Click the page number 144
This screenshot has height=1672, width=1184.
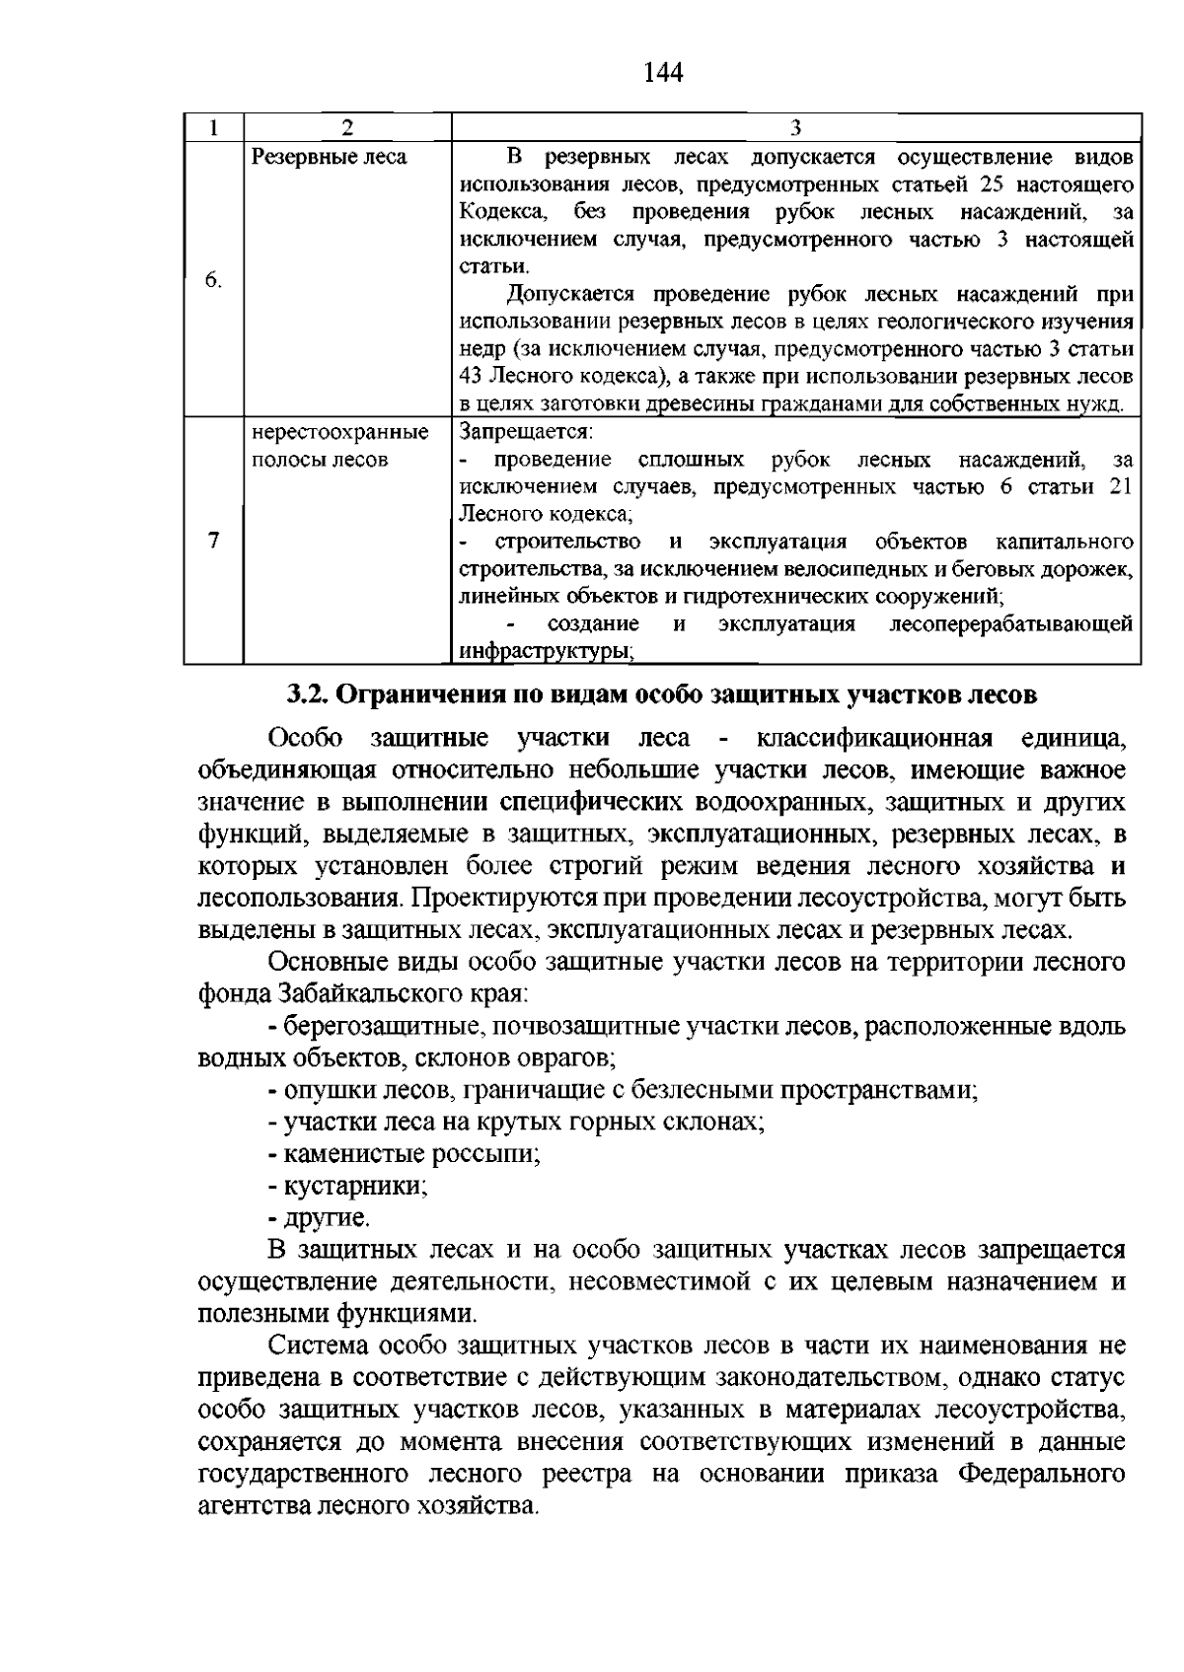(663, 73)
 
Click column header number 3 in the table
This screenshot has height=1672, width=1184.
(795, 127)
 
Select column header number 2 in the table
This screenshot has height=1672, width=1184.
(346, 127)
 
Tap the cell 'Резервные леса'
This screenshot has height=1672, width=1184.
(329, 157)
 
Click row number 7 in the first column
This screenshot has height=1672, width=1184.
(213, 541)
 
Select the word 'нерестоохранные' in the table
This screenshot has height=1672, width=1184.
(340, 432)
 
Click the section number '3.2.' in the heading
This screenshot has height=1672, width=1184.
(308, 694)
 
